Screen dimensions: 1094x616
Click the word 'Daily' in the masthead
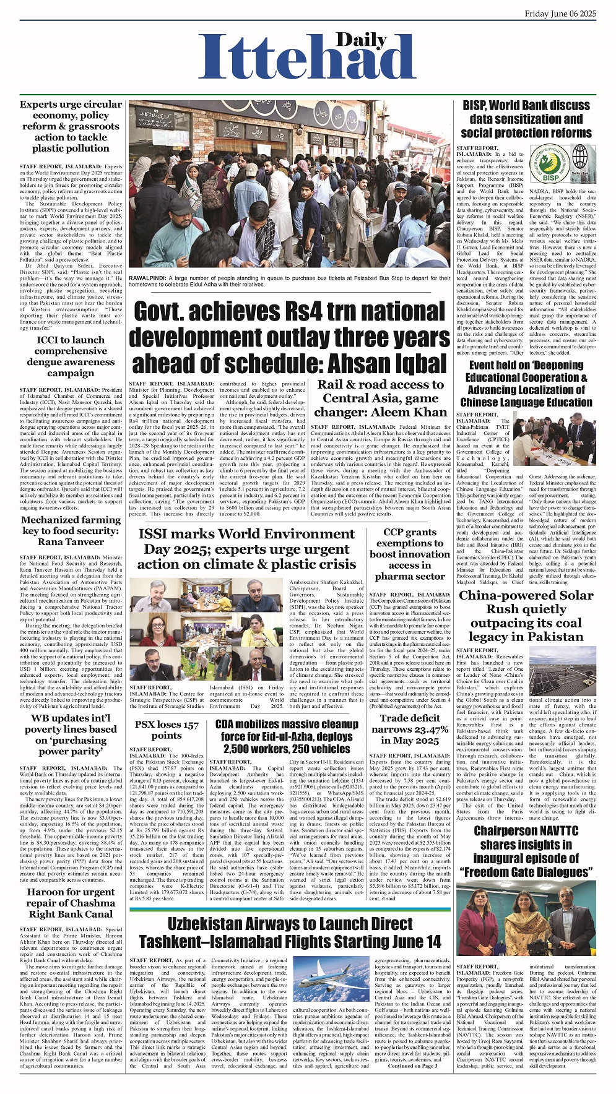click(x=362, y=41)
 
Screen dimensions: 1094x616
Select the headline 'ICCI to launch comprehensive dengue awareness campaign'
click(x=71, y=356)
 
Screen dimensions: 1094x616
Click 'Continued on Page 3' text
click(x=412, y=1066)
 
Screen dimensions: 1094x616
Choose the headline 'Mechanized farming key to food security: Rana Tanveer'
click(x=71, y=531)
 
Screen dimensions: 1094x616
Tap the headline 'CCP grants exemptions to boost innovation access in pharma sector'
click(x=410, y=554)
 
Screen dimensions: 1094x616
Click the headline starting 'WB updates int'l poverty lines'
click(x=71, y=734)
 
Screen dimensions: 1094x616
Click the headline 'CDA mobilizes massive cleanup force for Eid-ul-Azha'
click(x=287, y=736)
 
